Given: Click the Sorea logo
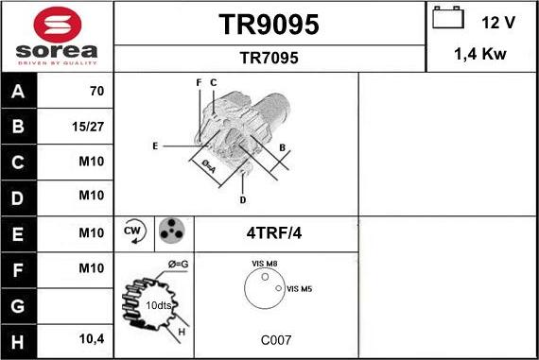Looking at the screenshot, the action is coord(57,37).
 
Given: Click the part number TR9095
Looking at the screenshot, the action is coord(269,26).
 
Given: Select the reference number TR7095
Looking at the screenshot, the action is coord(269,59).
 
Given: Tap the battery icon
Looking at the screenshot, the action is coord(447,19).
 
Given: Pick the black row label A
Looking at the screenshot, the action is coord(19,92).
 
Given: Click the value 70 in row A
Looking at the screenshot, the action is coord(96,92).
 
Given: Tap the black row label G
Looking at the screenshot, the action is coord(19,302).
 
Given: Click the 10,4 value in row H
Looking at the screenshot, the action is coord(91,337).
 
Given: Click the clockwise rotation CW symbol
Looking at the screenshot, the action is coord(132,231).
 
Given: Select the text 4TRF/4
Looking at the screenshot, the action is coord(275,232).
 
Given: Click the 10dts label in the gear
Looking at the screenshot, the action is coord(158,305).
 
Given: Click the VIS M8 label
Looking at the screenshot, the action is coord(265,264).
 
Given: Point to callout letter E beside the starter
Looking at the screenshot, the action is coord(154,146).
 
